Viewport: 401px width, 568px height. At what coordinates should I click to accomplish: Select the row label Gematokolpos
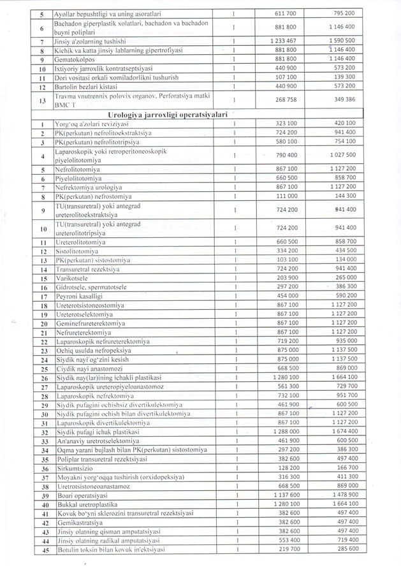[75, 58]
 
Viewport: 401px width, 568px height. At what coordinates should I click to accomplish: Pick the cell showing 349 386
[344, 99]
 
